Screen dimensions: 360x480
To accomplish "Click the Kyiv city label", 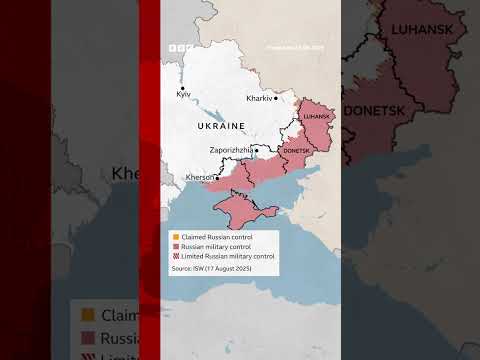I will click(183, 93).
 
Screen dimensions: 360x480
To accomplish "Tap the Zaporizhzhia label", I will click(230, 150).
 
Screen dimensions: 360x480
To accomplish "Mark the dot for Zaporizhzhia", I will click(257, 150).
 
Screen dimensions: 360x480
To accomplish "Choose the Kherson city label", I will click(200, 177).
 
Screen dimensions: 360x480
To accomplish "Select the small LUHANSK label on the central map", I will click(315, 117).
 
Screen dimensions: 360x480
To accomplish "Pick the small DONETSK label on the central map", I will click(297, 150).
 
